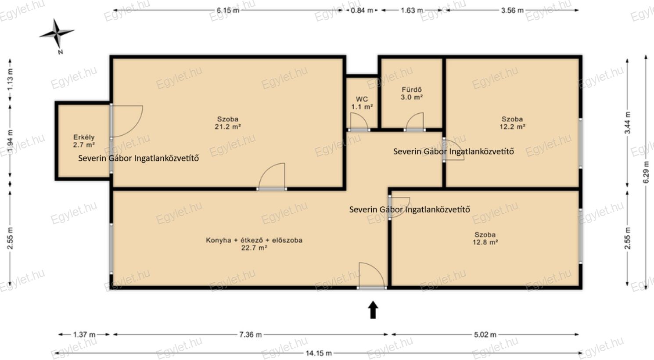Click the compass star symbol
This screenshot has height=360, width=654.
point(57,33)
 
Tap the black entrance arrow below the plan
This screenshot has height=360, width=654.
point(373,310)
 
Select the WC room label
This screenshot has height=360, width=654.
point(362,103)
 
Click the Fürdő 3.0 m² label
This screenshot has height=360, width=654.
point(412,94)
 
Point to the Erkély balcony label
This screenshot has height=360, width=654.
point(84,141)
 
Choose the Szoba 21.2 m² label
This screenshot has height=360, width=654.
point(228,123)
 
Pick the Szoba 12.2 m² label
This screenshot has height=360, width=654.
point(512,123)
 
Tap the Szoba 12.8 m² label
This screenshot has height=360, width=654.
point(485,238)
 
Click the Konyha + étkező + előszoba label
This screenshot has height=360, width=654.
point(254,244)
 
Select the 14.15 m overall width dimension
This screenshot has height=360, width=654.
point(319,353)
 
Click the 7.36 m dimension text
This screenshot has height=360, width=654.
point(251,335)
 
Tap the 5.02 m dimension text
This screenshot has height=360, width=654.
point(485,335)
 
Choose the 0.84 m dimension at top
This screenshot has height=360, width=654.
point(362,11)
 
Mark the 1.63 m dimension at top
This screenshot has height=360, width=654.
point(412,11)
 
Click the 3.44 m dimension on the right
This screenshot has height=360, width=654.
point(627,122)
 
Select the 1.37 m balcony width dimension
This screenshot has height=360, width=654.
point(84,335)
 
